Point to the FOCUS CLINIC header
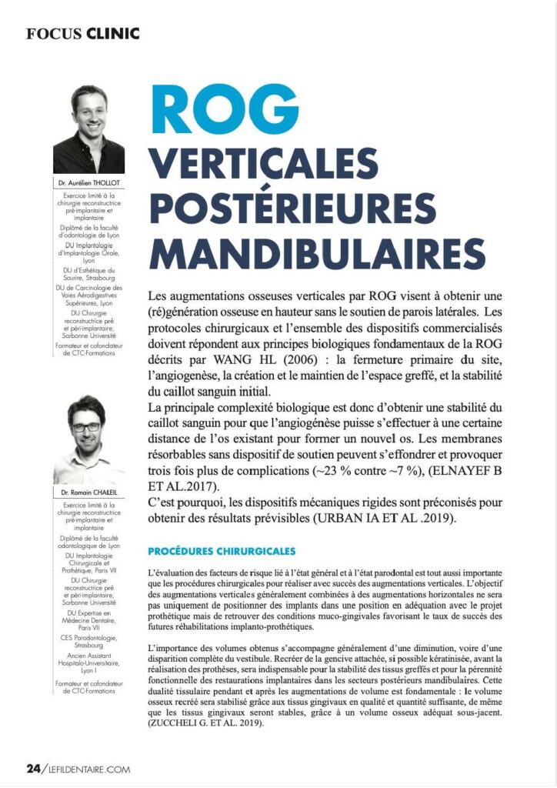coord(83,33)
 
